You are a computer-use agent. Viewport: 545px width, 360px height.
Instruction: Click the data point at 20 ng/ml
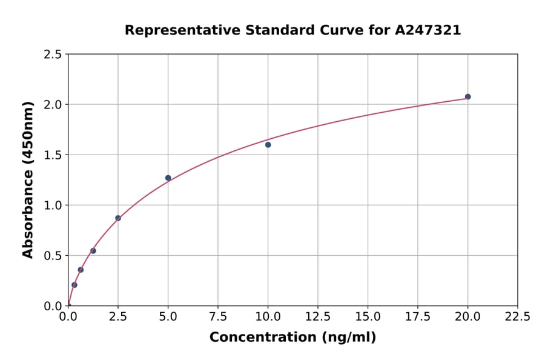467,97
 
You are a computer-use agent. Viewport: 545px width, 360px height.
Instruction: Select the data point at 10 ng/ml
268,145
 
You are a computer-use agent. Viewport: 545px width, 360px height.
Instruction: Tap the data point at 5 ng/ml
168,178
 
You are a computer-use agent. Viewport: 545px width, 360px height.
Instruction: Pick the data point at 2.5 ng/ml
118,218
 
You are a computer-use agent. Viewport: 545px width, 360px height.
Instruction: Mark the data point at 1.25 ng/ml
93,251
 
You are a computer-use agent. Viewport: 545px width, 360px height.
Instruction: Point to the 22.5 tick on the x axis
518,316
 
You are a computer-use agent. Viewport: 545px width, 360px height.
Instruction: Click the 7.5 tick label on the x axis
218,316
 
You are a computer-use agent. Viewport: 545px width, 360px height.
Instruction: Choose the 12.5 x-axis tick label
318,316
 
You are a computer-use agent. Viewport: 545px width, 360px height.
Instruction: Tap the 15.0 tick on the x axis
368,316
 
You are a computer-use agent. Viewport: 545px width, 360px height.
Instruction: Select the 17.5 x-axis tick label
418,316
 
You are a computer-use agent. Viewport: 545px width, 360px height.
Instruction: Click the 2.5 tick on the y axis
53,55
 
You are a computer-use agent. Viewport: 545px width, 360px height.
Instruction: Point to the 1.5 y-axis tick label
53,155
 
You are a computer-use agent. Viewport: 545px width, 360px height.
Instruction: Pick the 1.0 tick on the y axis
53,205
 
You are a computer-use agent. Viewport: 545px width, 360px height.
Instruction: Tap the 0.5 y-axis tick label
53,256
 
